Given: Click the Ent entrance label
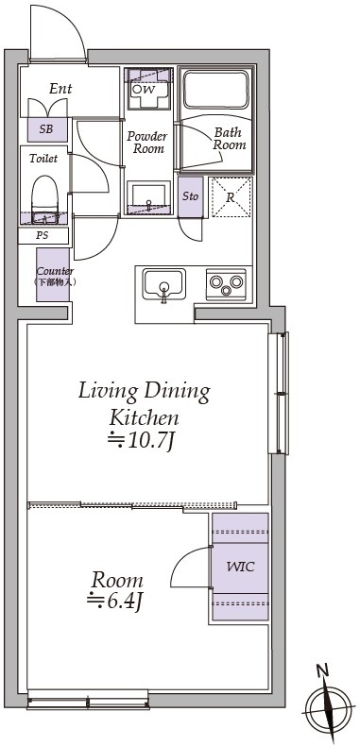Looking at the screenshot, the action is coord(61,89).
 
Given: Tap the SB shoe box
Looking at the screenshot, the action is coord(46,129).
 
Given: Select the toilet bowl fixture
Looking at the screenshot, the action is coord(44,199).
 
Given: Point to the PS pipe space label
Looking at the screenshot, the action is coord(43,235).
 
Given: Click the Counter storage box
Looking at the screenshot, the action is coord(53,275).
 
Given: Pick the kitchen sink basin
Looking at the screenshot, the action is coord(164,285).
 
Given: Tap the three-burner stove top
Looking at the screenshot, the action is coord(226,284).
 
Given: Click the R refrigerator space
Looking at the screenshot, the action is coord(231,197).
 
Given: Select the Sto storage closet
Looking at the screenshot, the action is coord(191,197).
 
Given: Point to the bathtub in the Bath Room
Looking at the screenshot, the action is coord(216,90).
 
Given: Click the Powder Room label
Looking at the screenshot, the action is coord(147,143).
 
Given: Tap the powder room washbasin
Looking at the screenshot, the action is coord(149,198).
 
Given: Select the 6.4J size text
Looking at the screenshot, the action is coord(115,601).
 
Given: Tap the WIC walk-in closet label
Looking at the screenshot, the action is coord(240,568).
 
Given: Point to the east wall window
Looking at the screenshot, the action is coord(279,393).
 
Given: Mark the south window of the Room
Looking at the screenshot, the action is coord(88,703).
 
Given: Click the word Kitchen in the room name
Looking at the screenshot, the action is coord(145,418).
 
